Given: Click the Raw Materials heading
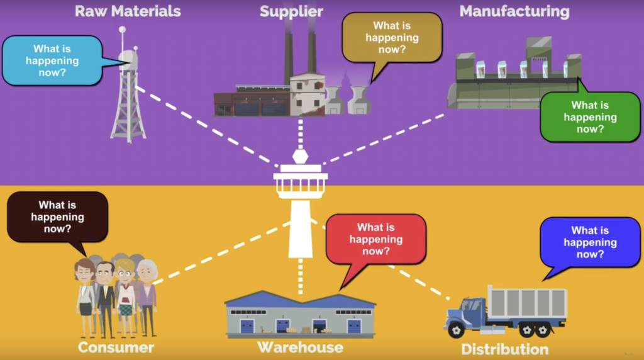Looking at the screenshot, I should tap(128, 11).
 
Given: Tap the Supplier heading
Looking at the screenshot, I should tap(291, 11).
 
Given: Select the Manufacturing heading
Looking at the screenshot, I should tap(514, 11).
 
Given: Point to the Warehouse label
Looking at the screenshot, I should tap(300, 347).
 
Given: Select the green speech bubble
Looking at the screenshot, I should tap(590, 116).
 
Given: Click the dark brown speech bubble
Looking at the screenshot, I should tap(57, 217).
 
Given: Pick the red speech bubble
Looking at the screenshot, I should tap(376, 239).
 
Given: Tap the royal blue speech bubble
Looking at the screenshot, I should tap(590, 242).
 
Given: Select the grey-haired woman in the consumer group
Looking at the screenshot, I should tap(147, 290).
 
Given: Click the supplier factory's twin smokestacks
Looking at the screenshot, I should tap(299, 53).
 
